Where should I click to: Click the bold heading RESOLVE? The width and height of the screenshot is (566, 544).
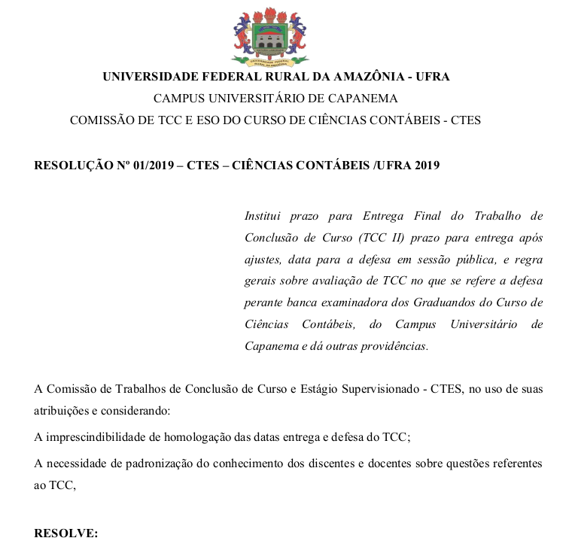coord(66,533)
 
